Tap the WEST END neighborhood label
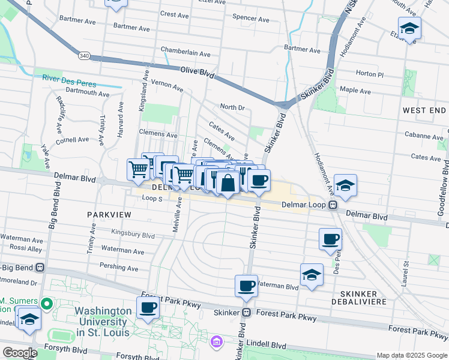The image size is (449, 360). (x=424, y=110)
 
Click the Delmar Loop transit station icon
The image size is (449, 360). (x=331, y=205)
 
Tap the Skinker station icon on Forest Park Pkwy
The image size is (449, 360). (x=246, y=313)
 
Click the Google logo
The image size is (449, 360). (x=20, y=353)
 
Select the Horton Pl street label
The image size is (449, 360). (x=369, y=74)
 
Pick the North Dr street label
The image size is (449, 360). (x=233, y=107)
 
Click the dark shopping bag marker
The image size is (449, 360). (x=228, y=182)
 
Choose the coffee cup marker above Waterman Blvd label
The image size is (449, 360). (x=246, y=286)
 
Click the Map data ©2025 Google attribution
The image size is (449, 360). (x=412, y=355)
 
